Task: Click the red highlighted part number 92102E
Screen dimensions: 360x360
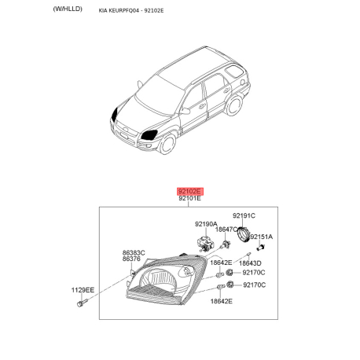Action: click(x=189, y=191)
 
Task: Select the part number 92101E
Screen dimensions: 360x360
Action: click(x=189, y=200)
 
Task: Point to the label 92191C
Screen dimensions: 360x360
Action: click(x=244, y=215)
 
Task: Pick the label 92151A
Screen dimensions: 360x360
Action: click(x=263, y=236)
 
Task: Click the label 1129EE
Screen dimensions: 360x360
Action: click(x=83, y=290)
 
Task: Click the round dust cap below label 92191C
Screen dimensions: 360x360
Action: click(x=244, y=233)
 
